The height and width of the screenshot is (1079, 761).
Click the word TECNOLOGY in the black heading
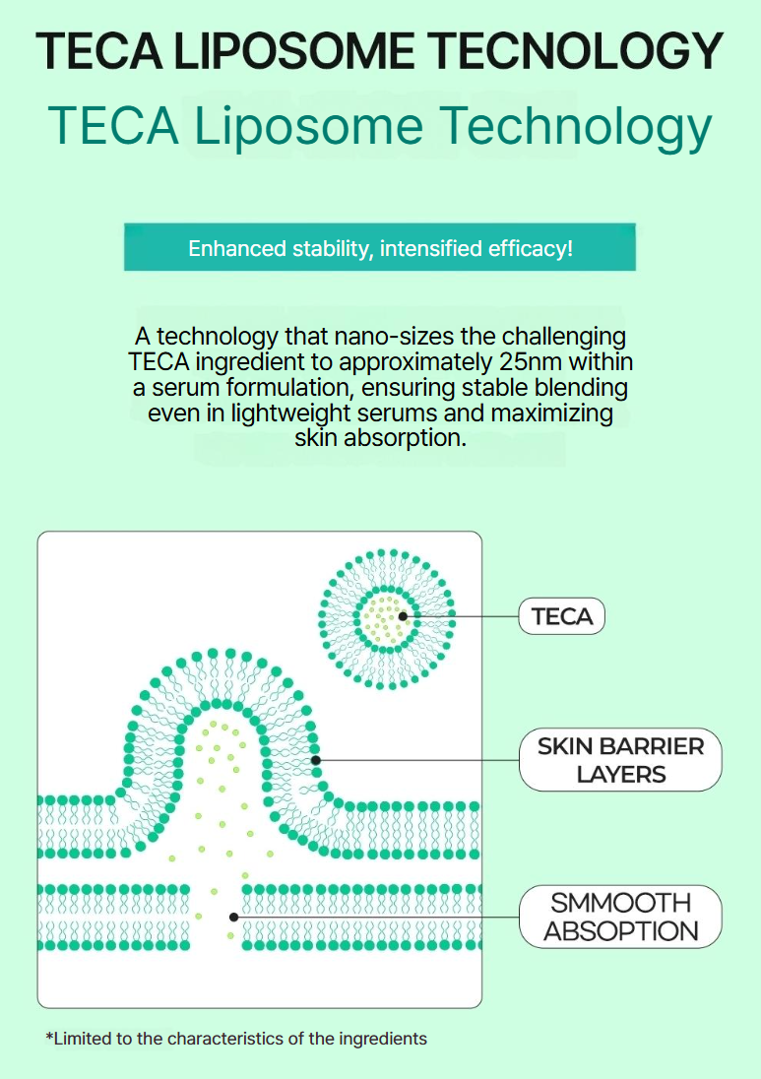click(575, 51)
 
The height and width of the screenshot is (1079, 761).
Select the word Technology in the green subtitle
click(575, 127)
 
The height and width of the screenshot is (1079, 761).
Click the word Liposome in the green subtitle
click(308, 127)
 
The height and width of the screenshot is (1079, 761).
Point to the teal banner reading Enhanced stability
click(380, 247)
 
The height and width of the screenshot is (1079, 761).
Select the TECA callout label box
click(561, 616)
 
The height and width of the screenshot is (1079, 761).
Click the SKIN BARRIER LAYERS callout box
click(620, 760)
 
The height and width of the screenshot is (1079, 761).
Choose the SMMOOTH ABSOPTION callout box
click(620, 917)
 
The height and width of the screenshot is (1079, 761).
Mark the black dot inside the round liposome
click(404, 616)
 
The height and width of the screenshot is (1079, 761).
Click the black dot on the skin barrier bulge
click(316, 760)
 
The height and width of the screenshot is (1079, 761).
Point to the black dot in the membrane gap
click(234, 918)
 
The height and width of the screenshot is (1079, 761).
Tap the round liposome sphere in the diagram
click(387, 618)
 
